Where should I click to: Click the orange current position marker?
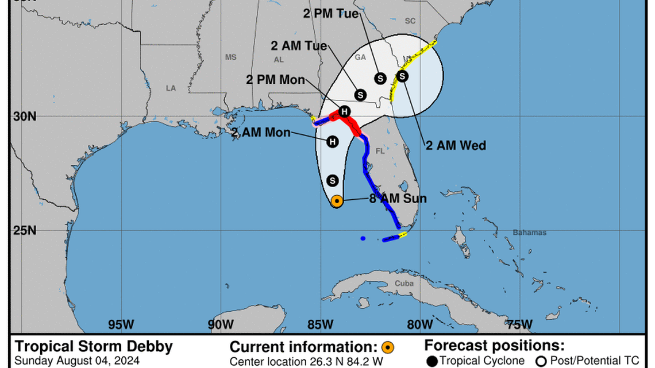coord(337,201)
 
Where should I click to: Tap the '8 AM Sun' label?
coord(398,199)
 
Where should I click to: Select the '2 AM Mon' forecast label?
coord(261,133)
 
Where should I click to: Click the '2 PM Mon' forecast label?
coord(276,80)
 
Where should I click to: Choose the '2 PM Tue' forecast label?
coord(332,14)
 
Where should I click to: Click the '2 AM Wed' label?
coord(456,146)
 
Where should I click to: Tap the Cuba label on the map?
coord(404,284)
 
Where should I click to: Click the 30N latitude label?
coord(25,116)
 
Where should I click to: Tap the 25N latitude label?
coord(25,230)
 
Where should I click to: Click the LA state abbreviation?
coord(171,88)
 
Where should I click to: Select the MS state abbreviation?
coord(230,57)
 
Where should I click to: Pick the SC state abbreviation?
coord(410,21)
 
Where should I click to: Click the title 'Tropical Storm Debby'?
coord(94,347)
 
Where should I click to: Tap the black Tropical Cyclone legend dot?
coord(433,361)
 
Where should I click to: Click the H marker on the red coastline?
coord(344,111)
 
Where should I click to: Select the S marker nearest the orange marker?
coord(332,180)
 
